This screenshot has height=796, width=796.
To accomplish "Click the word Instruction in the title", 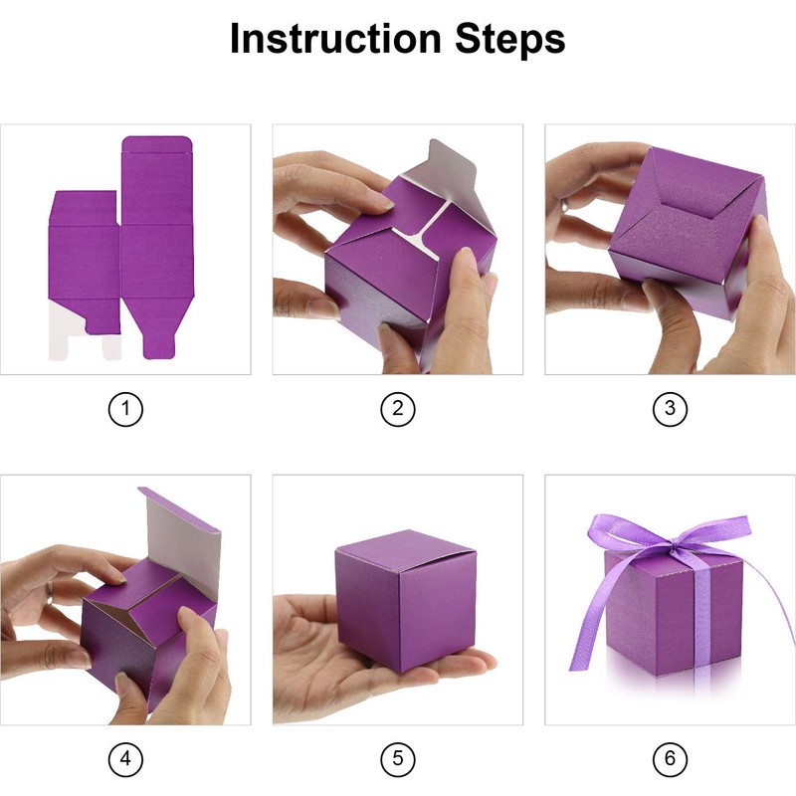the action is [335, 39].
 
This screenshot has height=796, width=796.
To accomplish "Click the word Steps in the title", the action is [509, 40].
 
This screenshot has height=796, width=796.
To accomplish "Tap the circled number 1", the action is [125, 409].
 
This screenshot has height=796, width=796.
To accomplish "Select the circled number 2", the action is [397, 409].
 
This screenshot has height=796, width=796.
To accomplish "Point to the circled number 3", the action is [670, 409].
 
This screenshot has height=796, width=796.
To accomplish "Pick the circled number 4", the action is [125, 759].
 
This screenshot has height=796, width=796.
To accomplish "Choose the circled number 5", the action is [397, 759].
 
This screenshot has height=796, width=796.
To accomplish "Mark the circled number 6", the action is [670, 759].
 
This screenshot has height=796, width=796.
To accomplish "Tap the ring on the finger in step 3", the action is [564, 205].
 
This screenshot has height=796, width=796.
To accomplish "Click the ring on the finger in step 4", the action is [49, 593].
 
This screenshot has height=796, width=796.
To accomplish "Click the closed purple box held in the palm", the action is [406, 599].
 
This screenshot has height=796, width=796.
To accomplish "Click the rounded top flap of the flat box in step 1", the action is [157, 143].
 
